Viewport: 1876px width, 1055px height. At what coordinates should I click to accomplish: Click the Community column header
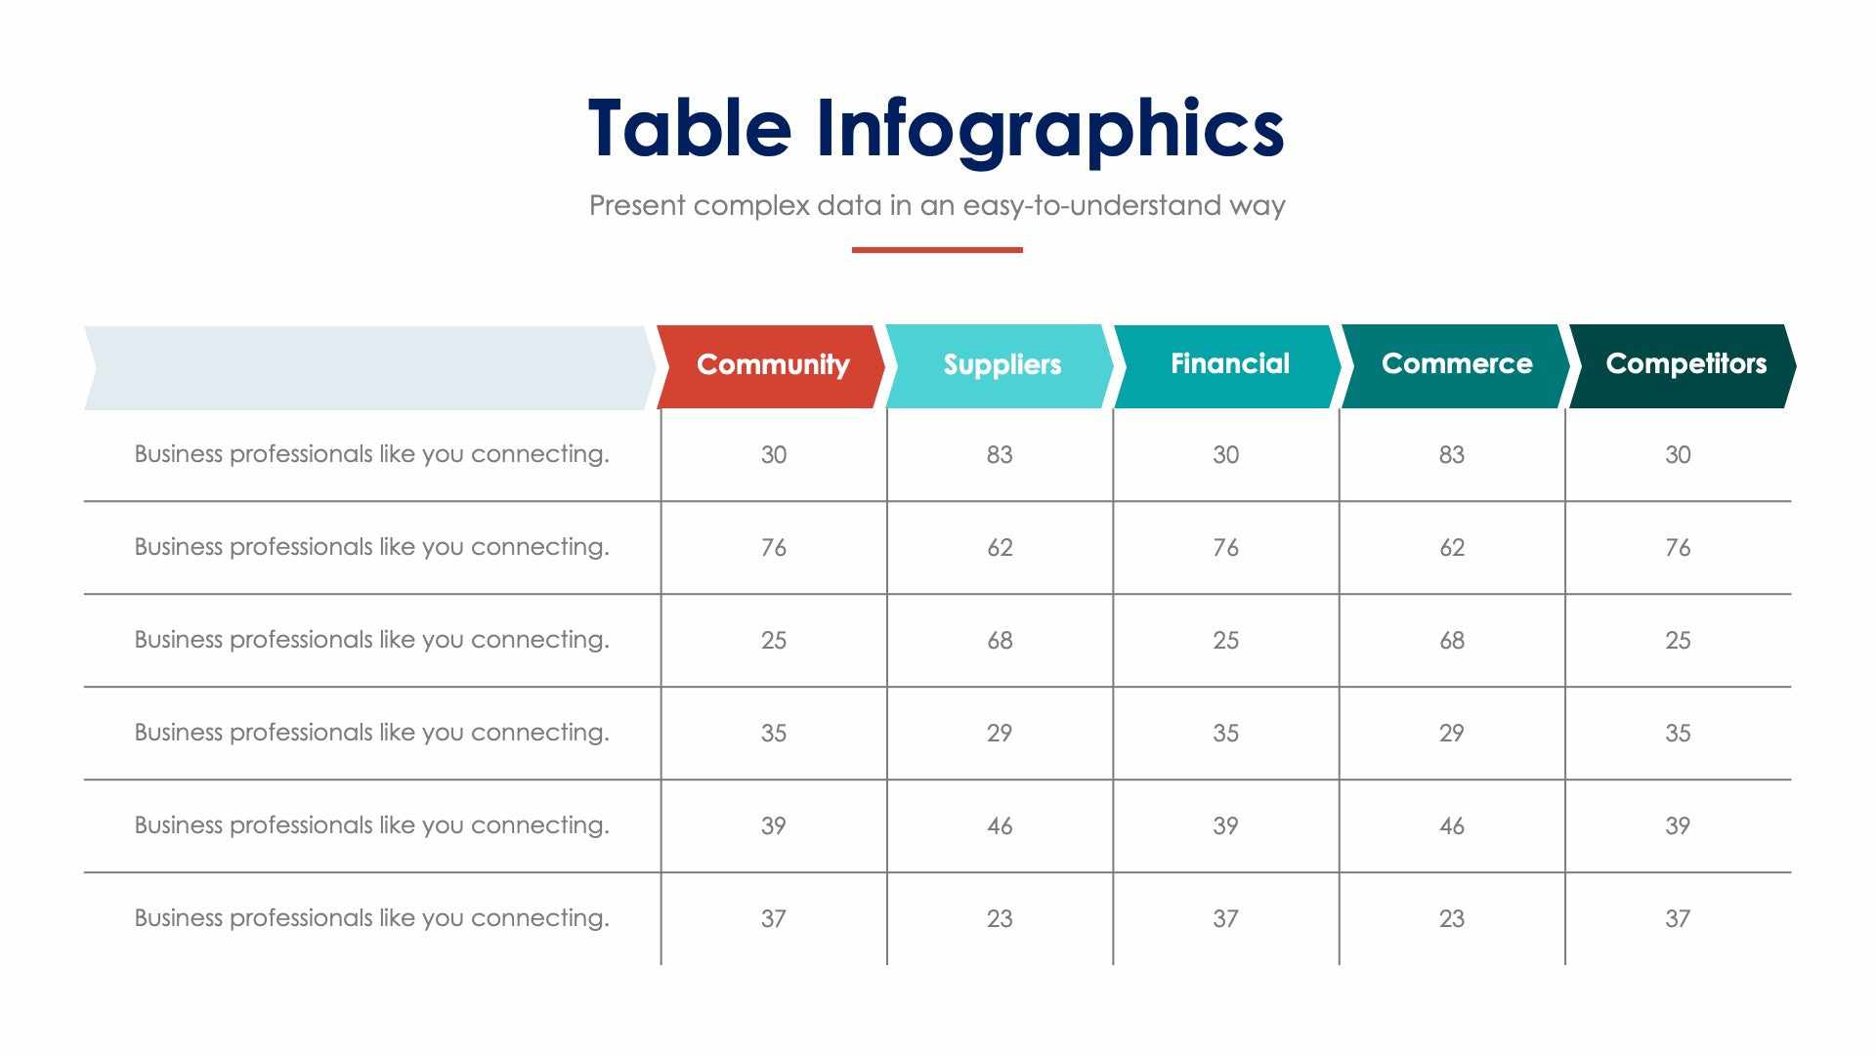tap(772, 364)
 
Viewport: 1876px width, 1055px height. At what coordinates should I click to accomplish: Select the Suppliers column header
tap(1002, 364)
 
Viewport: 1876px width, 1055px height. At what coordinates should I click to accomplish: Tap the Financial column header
tap(1229, 363)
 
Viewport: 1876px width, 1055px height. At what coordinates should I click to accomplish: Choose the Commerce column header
tap(1456, 363)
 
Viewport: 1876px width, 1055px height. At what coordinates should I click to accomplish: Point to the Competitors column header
tap(1685, 363)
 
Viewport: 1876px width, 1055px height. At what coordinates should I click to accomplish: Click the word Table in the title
tap(689, 128)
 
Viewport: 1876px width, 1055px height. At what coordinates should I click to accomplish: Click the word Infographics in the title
tap(1049, 128)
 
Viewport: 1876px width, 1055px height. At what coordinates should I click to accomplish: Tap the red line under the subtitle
tap(937, 250)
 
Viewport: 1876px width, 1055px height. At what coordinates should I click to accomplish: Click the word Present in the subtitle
tap(637, 205)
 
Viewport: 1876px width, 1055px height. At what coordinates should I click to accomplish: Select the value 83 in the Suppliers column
tap(1000, 454)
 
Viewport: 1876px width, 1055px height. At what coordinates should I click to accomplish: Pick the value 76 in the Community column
tap(773, 547)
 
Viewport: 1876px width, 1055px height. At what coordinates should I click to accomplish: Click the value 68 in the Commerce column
tap(1452, 640)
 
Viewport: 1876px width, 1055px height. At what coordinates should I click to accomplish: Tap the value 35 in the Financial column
tap(1225, 733)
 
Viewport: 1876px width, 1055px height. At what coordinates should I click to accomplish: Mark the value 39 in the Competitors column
tap(1678, 825)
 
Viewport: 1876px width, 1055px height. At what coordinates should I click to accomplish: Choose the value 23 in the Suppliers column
tap(1000, 918)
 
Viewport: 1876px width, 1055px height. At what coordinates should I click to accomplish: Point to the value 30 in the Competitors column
tap(1678, 454)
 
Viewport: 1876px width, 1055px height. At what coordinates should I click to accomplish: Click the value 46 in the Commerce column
tap(1452, 825)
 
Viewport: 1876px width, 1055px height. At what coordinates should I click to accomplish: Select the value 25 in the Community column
tap(773, 640)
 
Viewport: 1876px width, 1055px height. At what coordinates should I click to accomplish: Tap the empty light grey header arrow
tap(369, 367)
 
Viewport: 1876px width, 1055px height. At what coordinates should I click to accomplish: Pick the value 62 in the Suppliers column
tap(1000, 547)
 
